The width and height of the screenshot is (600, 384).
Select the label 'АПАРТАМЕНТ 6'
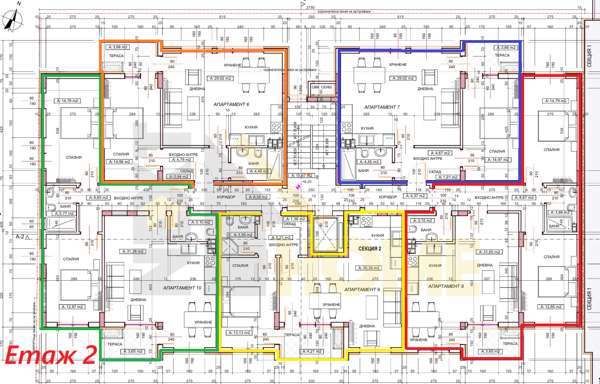pyautogui.click(x=220, y=104)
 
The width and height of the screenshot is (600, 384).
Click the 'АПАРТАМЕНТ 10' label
pyautogui.click(x=183, y=287)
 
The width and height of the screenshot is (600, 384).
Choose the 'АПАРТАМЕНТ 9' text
pyautogui.click(x=362, y=289)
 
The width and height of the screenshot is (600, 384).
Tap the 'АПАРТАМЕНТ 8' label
pyautogui.click(x=446, y=287)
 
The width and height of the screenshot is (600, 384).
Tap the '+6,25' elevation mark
pyautogui.click(x=306, y=181)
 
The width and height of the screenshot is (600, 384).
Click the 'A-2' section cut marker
pyautogui.click(x=22, y=237)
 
